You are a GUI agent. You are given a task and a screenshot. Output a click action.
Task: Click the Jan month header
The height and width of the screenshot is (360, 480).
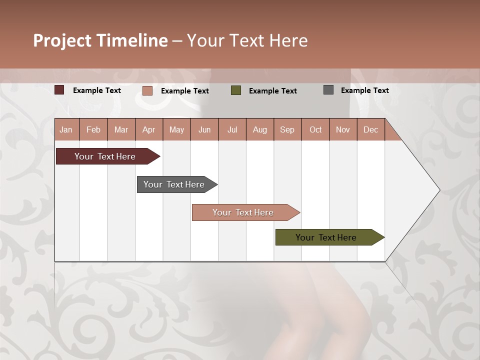(x=66, y=129)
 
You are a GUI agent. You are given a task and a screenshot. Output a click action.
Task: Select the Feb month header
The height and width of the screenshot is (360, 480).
(x=93, y=129)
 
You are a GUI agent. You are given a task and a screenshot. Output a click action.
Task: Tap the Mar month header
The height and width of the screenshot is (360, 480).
(x=121, y=129)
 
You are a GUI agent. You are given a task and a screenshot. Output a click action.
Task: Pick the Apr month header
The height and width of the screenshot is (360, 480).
(x=149, y=129)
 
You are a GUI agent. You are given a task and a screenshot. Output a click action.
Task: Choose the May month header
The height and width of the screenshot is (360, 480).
(x=176, y=129)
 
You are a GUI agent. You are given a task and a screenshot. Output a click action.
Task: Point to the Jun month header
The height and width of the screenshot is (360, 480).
(x=204, y=129)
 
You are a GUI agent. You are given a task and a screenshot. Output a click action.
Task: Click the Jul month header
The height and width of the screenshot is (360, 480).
(x=232, y=129)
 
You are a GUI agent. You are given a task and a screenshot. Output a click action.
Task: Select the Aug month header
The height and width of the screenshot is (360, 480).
(x=260, y=129)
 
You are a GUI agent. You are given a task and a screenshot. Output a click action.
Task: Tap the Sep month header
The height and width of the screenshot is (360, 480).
(x=287, y=129)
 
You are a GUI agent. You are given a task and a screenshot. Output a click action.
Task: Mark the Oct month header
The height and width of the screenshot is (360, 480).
(x=315, y=129)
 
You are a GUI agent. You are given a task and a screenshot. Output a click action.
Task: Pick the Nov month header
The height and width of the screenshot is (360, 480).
(x=343, y=129)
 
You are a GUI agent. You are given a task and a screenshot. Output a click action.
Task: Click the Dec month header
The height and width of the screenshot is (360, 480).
(x=371, y=129)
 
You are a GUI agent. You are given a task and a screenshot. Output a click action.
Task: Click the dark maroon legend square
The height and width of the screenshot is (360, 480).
(x=59, y=90)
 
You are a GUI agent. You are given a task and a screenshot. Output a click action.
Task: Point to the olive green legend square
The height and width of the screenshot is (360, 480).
(x=236, y=90)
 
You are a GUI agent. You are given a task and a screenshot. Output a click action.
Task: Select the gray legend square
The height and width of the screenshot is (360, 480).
(x=328, y=90)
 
